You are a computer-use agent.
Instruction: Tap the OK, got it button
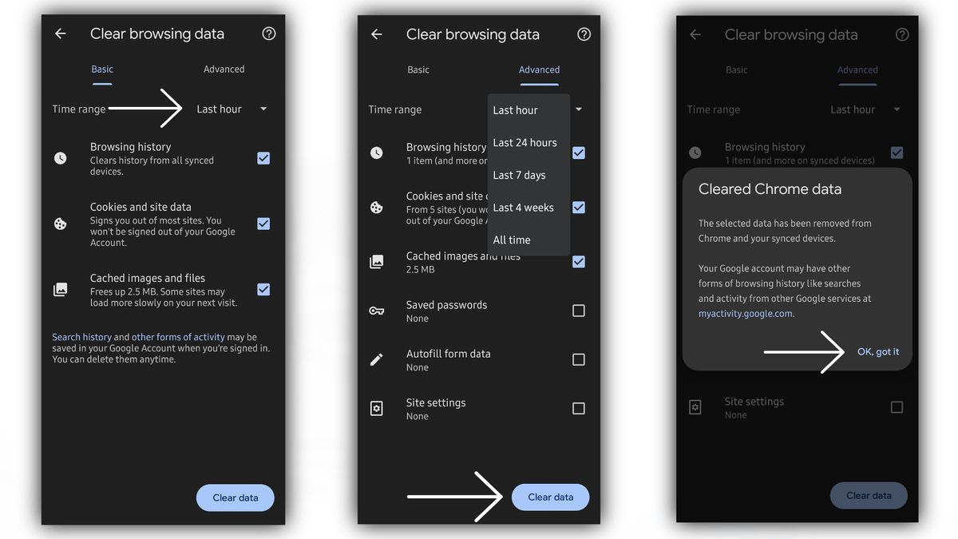pyautogui.click(x=878, y=351)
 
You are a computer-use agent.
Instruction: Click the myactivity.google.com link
pyautogui.click(x=746, y=314)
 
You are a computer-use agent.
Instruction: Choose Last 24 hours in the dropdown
pyautogui.click(x=525, y=143)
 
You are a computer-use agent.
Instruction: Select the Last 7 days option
pyautogui.click(x=519, y=175)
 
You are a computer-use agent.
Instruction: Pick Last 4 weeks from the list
pyautogui.click(x=523, y=208)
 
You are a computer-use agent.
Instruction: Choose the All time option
pyautogui.click(x=512, y=240)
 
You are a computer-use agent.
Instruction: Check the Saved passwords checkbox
pyautogui.click(x=579, y=311)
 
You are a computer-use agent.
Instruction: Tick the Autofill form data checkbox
pyautogui.click(x=579, y=359)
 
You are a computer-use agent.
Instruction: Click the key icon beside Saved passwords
pyautogui.click(x=377, y=311)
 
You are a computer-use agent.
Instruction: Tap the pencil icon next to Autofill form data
pyautogui.click(x=377, y=359)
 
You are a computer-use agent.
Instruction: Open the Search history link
pyautogui.click(x=81, y=337)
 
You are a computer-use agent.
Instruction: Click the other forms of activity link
pyautogui.click(x=178, y=337)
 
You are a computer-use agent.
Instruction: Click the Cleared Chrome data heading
pyautogui.click(x=770, y=189)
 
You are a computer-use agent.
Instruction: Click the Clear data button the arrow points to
pyautogui.click(x=550, y=497)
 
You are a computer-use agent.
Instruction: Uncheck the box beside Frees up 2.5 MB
pyautogui.click(x=263, y=289)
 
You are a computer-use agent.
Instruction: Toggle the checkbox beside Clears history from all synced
pyautogui.click(x=263, y=158)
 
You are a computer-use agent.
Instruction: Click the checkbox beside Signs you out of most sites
pyautogui.click(x=263, y=224)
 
